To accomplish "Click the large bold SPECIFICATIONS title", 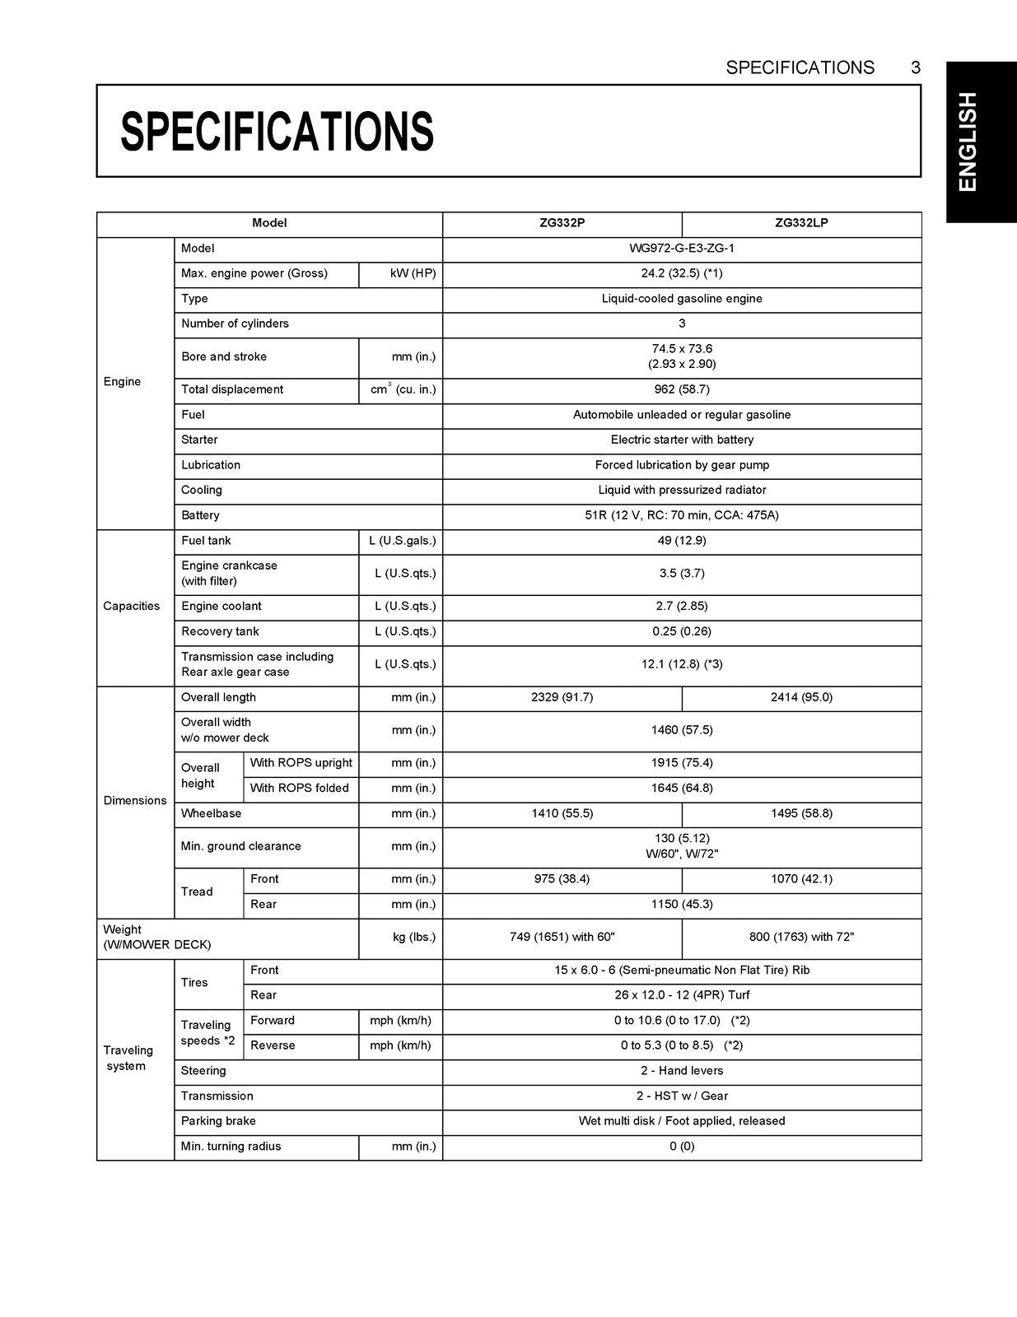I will pyautogui.click(x=277, y=132).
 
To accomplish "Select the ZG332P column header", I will pyautogui.click(x=562, y=223).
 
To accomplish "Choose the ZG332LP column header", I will pyautogui.click(x=801, y=223).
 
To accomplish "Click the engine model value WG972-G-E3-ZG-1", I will pyautogui.click(x=682, y=249).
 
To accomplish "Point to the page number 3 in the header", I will pyautogui.click(x=915, y=67).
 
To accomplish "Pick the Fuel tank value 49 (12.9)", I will pyautogui.click(x=682, y=541).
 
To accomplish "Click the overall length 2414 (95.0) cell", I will pyautogui.click(x=801, y=697).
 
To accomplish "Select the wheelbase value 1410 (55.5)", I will pyautogui.click(x=562, y=813).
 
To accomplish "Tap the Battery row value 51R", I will pyautogui.click(x=682, y=515).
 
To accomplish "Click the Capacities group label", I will pyautogui.click(x=132, y=607).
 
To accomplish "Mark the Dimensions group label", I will pyautogui.click(x=135, y=800).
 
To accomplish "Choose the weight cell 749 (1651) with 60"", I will pyautogui.click(x=562, y=937).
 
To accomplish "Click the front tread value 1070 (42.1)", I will pyautogui.click(x=801, y=879).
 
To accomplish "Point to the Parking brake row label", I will pyautogui.click(x=218, y=1121).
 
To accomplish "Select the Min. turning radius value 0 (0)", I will pyautogui.click(x=682, y=1147).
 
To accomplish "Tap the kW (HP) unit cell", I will pyautogui.click(x=413, y=273).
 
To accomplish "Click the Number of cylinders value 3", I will pyautogui.click(x=682, y=323).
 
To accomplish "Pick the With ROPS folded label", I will pyautogui.click(x=300, y=789).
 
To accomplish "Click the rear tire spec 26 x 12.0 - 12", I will pyautogui.click(x=682, y=995).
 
